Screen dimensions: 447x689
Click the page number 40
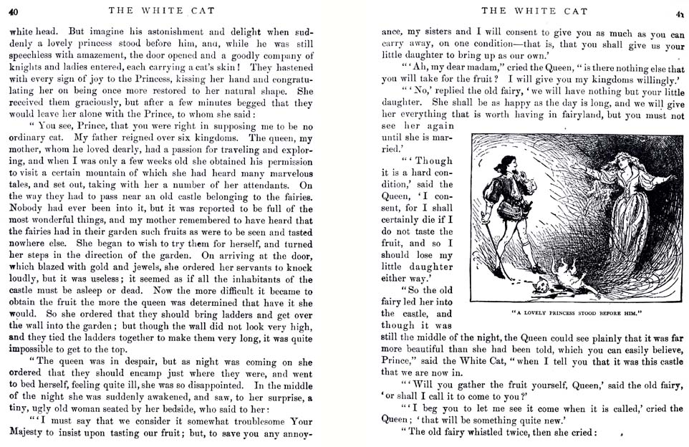(x=14, y=11)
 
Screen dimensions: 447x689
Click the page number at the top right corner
(x=676, y=12)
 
